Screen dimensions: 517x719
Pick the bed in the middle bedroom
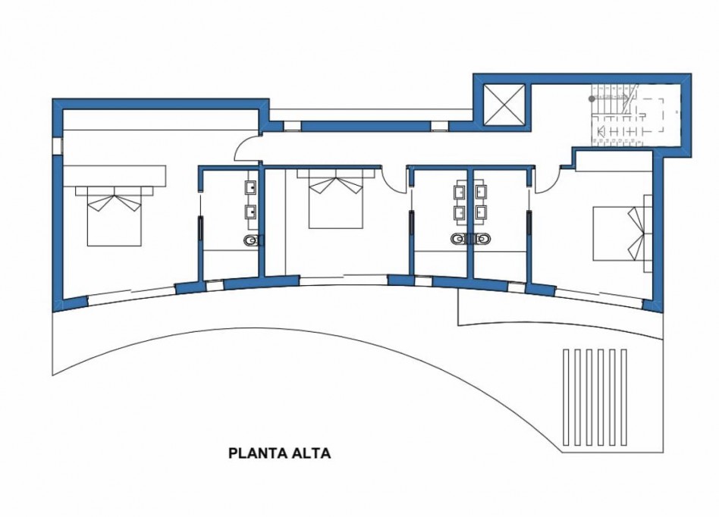[x=335, y=201]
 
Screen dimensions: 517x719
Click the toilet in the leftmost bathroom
[x=252, y=240]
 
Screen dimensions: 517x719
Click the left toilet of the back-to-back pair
[x=458, y=240]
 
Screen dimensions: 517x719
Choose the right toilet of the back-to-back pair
[x=482, y=240]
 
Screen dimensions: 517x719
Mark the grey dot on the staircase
[x=592, y=99]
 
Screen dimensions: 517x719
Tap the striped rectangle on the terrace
[x=595, y=396]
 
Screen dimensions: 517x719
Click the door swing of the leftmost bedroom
[x=246, y=149]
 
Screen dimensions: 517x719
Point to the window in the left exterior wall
[x=57, y=146]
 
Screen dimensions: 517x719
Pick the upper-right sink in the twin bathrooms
[x=481, y=191]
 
